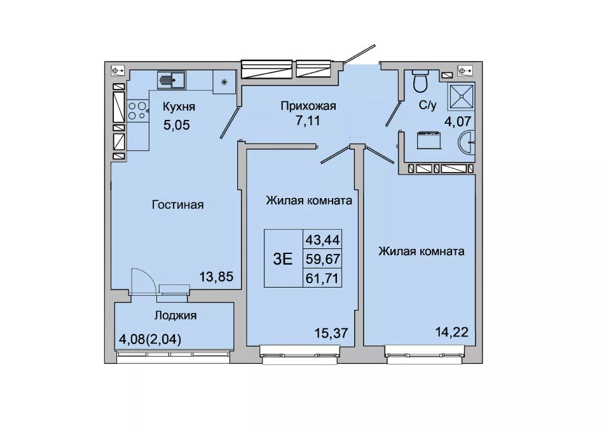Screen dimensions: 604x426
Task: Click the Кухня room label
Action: click(179, 107)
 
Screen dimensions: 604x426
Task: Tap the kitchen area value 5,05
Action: click(177, 125)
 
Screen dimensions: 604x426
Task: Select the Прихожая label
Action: click(308, 106)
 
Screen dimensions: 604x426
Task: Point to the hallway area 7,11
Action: click(308, 121)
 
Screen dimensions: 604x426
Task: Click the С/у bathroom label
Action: click(428, 105)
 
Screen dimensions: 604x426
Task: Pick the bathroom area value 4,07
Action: click(458, 121)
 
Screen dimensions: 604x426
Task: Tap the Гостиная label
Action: click(177, 204)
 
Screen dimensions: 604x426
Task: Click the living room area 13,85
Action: click(216, 276)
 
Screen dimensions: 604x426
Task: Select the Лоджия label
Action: click(175, 316)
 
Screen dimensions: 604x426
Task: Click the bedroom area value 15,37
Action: click(331, 332)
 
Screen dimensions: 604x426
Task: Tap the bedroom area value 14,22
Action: click(452, 331)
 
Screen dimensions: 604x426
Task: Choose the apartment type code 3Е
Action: click(283, 259)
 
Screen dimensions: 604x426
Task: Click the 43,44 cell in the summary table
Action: click(322, 240)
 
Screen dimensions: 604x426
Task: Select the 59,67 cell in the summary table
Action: click(322, 259)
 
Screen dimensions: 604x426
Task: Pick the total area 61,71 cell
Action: click(322, 277)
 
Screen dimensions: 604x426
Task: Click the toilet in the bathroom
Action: click(420, 80)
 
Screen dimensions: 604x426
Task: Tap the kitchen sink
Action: click(172, 80)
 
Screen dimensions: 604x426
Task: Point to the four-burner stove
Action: click(138, 110)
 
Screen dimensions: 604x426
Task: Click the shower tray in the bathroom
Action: click(461, 96)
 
